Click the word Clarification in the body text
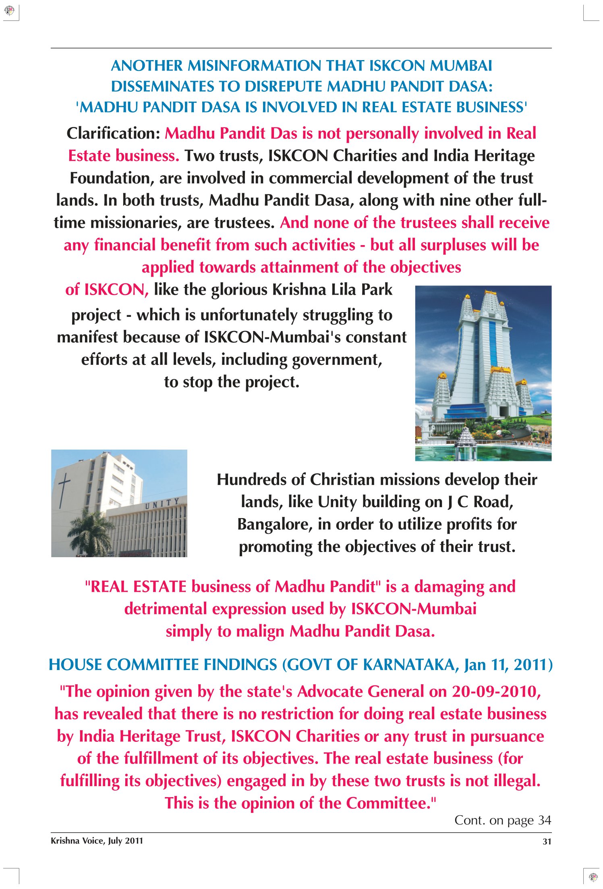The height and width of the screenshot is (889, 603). [113, 133]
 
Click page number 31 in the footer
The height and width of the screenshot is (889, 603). [547, 841]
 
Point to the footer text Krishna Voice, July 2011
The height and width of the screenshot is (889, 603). [97, 841]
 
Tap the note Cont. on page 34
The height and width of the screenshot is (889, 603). [502, 820]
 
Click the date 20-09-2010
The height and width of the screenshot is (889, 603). [495, 692]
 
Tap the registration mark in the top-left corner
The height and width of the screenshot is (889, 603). [9, 10]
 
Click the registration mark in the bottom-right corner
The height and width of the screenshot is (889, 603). [593, 877]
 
